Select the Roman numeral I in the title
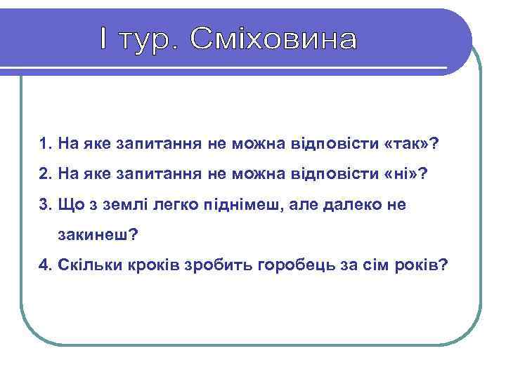(x=104, y=39)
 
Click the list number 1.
(x=45, y=145)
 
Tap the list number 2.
(x=45, y=174)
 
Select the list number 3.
(x=45, y=204)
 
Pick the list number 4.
(x=45, y=265)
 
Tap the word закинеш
(x=95, y=235)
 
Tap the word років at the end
(x=417, y=265)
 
